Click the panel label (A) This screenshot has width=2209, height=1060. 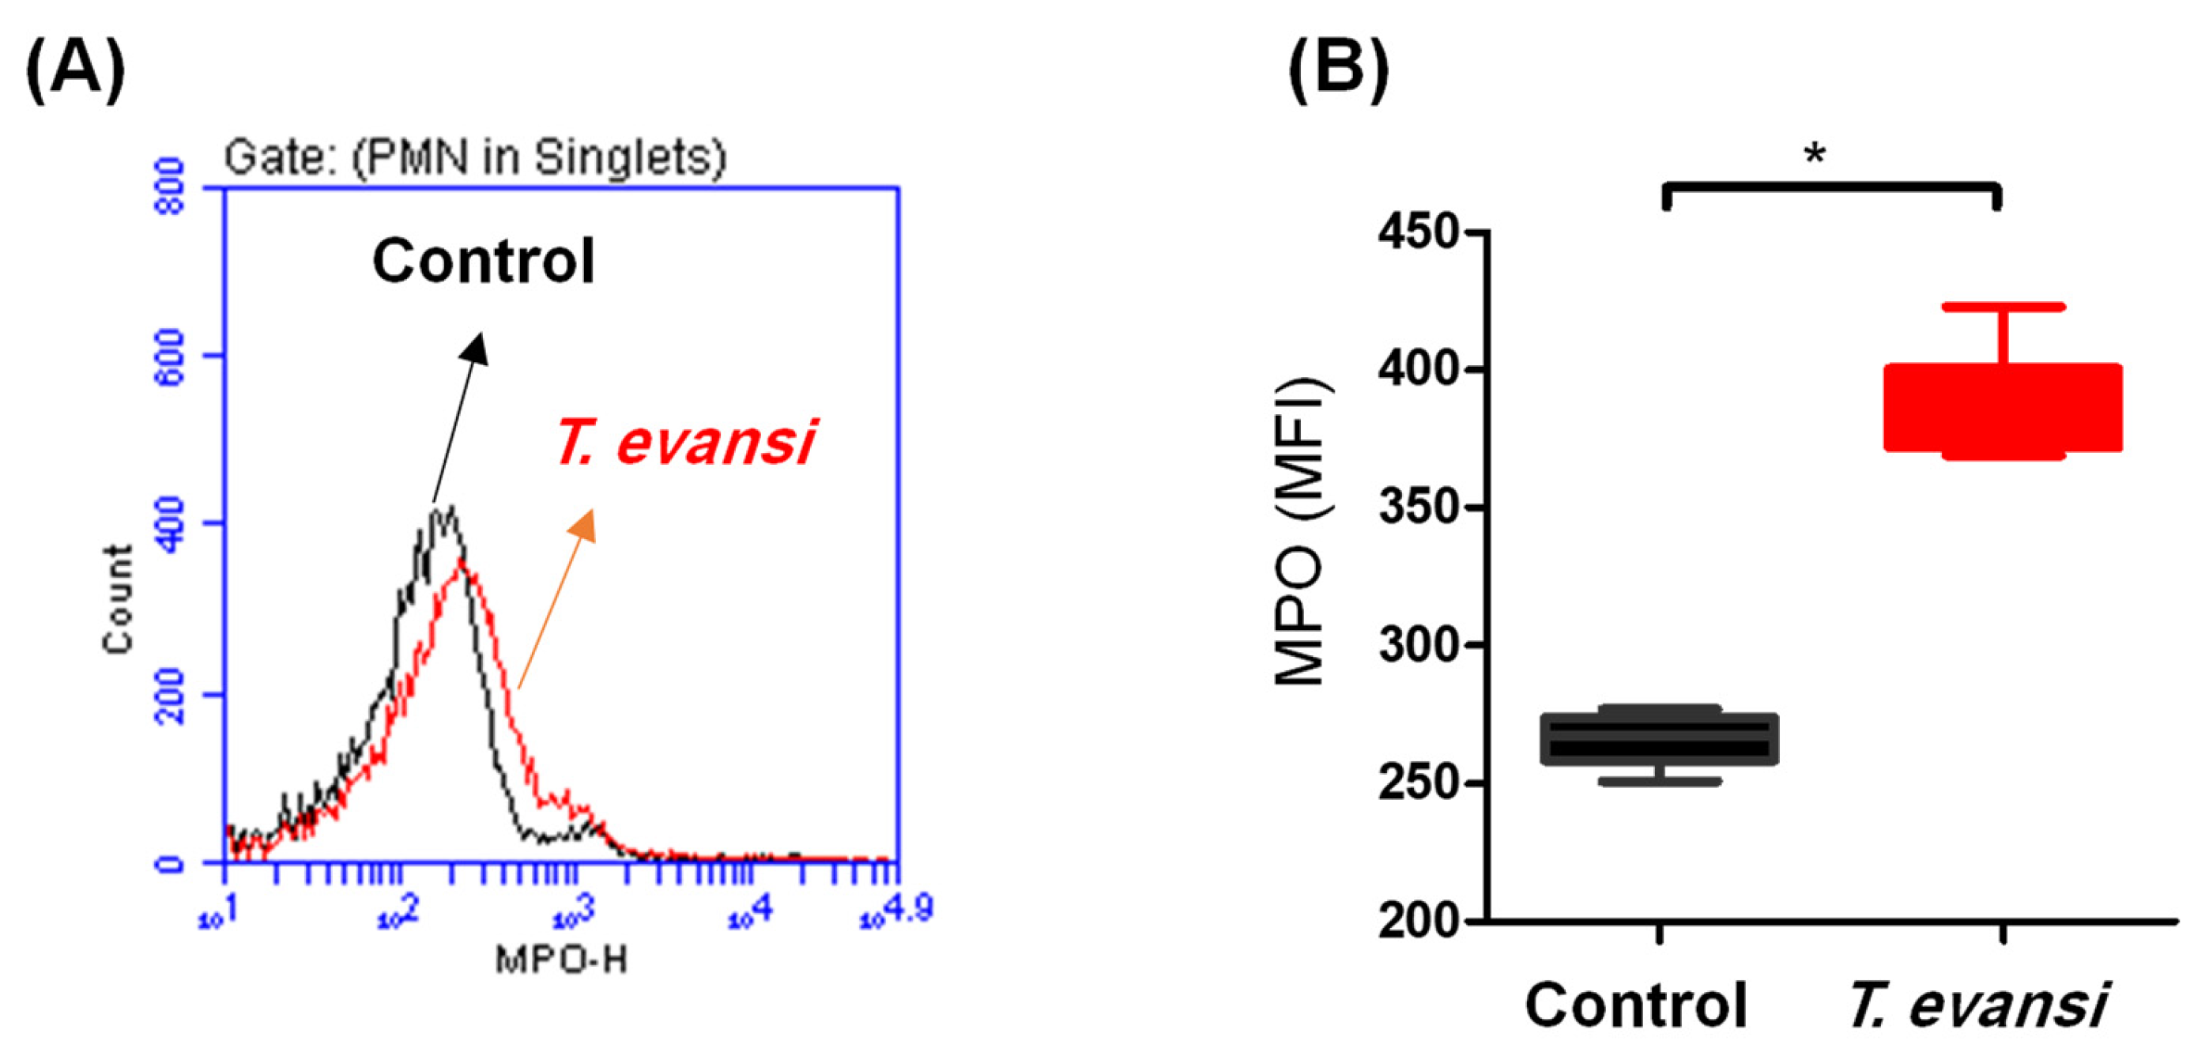coord(75,70)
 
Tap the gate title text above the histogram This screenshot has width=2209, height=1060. coord(475,158)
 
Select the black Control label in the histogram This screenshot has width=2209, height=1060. coord(483,261)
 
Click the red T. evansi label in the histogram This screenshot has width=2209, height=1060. coord(684,443)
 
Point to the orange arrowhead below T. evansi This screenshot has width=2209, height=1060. coord(584,525)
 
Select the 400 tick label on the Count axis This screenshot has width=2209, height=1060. coord(170,524)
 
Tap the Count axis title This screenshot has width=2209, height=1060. coord(119,599)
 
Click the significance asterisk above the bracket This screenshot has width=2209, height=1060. coord(1815,155)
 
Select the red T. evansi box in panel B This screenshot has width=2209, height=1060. coord(2003,408)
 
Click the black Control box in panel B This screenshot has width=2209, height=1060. coord(1660,738)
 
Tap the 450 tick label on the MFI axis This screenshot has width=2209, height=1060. coord(1419,232)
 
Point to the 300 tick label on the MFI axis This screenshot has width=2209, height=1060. coord(1419,645)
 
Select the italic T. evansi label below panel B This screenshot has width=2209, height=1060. coord(1977,1005)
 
